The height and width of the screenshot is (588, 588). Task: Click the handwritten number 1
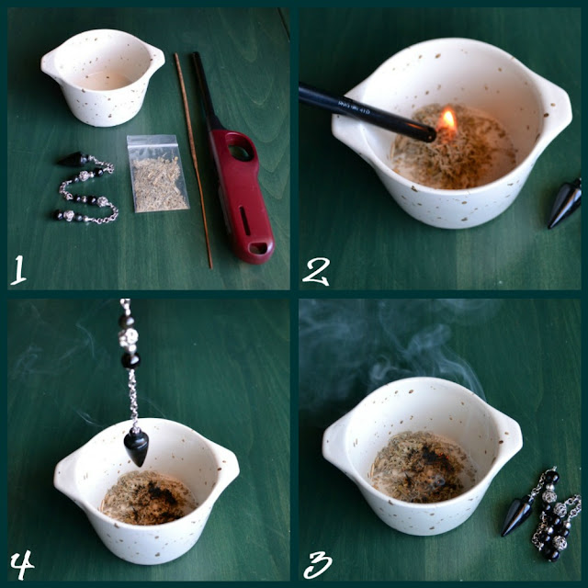click(18, 270)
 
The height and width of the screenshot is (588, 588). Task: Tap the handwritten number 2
click(316, 272)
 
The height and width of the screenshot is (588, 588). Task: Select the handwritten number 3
click(318, 565)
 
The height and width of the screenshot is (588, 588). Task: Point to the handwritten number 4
click(22, 564)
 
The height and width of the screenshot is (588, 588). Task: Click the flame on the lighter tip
click(447, 120)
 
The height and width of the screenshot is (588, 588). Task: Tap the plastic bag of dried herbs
click(157, 174)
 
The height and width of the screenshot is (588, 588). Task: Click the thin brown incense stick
click(193, 161)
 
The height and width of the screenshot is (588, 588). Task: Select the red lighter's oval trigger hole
click(241, 151)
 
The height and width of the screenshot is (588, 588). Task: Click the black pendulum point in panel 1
click(73, 160)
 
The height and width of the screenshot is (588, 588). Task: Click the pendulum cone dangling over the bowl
click(136, 447)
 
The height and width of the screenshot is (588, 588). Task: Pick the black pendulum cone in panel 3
click(516, 515)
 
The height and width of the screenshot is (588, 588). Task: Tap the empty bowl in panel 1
click(103, 77)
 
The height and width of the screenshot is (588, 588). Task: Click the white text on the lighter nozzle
click(355, 107)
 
